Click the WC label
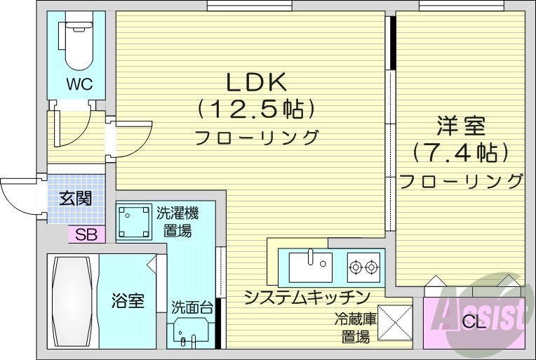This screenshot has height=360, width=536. (x=79, y=84)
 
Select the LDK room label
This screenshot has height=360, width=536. (x=255, y=82)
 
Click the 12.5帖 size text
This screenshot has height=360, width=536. (x=255, y=109)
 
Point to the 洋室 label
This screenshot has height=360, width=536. (x=460, y=126)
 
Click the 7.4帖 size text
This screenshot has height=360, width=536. (x=460, y=152)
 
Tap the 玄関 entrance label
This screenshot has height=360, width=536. (x=75, y=197)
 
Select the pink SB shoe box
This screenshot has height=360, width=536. (x=86, y=235)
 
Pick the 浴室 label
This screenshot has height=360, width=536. (x=128, y=302)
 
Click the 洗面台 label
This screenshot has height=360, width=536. (x=191, y=307)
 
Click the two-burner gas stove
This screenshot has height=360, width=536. (x=363, y=267)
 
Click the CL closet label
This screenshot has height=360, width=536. (x=474, y=324)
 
